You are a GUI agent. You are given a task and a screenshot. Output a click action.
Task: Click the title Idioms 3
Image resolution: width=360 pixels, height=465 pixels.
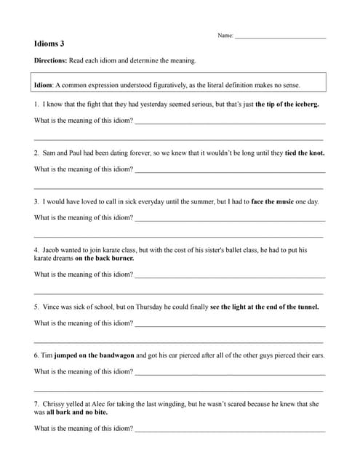point(49,44)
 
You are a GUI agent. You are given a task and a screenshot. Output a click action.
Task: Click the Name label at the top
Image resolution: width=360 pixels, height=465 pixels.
point(225,36)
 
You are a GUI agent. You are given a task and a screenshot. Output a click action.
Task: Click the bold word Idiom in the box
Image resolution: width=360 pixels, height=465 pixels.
point(43,85)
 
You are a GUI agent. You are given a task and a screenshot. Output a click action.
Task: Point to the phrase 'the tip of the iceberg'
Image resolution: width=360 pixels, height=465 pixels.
point(287,105)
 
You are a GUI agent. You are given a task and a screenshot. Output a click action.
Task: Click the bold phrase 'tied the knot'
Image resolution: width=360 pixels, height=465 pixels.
point(305,153)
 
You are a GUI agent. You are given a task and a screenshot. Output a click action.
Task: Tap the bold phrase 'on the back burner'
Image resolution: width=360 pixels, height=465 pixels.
point(105,258)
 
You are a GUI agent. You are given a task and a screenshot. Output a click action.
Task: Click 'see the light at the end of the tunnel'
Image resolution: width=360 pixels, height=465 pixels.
point(264,307)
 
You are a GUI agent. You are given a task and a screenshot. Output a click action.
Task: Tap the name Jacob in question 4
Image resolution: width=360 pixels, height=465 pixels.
point(52,250)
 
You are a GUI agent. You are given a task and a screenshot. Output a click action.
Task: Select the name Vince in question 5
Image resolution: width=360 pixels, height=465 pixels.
point(51,307)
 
